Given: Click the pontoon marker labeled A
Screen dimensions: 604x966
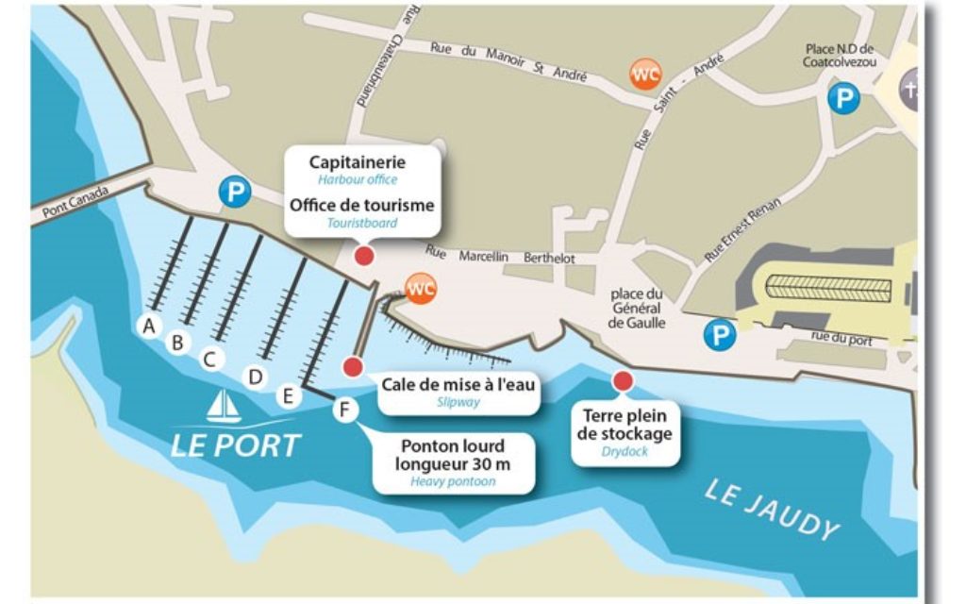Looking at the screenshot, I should (147, 326).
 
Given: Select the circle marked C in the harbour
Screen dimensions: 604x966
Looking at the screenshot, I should (210, 359).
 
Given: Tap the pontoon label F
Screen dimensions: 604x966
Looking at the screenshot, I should (344, 410).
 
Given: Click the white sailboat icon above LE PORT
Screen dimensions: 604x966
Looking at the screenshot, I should (224, 407).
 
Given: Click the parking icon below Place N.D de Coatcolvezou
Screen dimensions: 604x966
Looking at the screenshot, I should (843, 98).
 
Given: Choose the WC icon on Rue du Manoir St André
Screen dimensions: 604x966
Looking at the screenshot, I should (646, 75).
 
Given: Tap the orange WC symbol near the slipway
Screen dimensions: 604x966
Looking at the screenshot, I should (419, 287).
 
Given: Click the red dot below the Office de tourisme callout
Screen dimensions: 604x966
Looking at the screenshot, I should (363, 256).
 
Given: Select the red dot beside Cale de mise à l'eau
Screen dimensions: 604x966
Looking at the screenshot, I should (353, 366).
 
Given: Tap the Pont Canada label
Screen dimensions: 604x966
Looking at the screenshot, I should (75, 202).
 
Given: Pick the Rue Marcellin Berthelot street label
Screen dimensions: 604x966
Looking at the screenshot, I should (500, 256).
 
